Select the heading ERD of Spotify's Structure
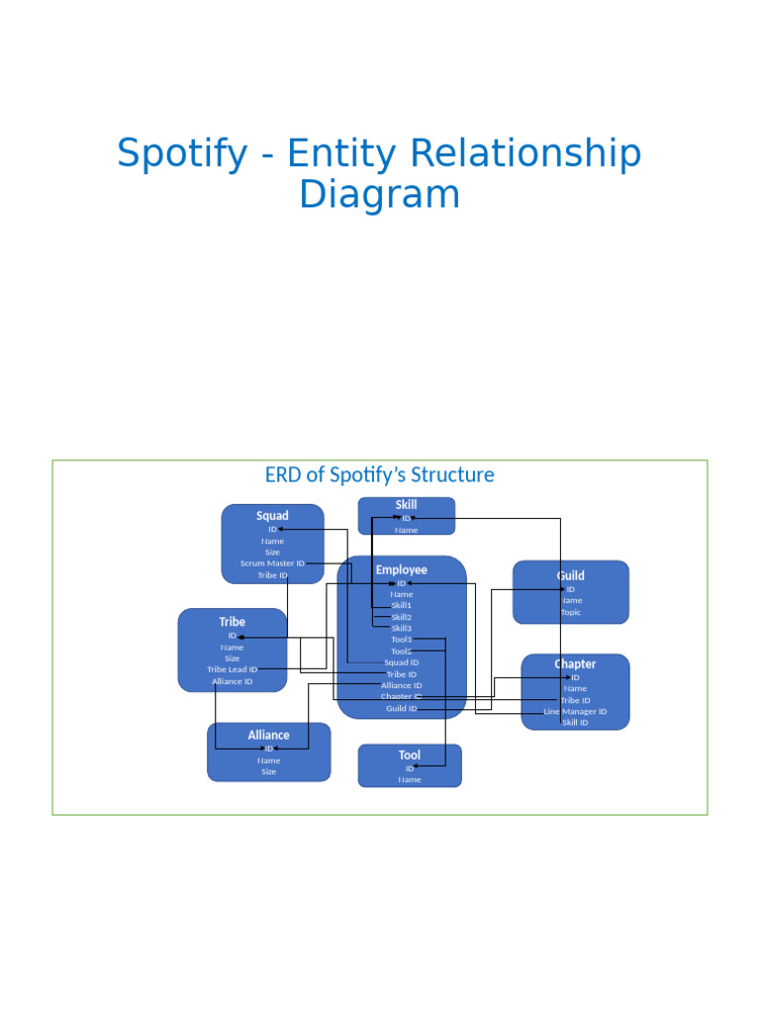379,475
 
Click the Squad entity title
272,516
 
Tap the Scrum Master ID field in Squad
272,563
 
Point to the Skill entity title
406,505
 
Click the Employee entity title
401,570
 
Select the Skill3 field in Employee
401,628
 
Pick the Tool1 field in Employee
401,640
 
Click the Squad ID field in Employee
401,662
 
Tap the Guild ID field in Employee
401,709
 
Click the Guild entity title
570,575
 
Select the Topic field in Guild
570,612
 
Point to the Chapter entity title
575,664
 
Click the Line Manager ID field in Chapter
575,711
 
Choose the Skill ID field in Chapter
575,723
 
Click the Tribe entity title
232,622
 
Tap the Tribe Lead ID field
232,669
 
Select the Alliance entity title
268,735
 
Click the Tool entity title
409,756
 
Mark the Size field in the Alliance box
268,772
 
